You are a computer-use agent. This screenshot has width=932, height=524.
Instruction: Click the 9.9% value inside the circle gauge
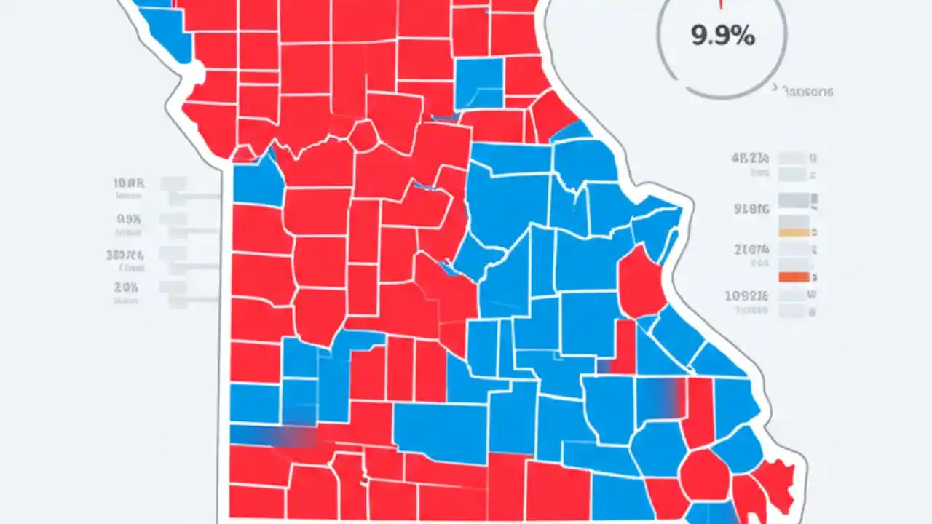coord(722,36)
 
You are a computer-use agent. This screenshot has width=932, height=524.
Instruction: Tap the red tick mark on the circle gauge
coord(721,4)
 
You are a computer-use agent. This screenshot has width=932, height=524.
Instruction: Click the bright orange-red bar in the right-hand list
coord(793,277)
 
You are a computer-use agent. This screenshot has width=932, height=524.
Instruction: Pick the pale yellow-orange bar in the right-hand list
coord(793,232)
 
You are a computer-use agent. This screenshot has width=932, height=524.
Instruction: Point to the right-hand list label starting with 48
coord(749,158)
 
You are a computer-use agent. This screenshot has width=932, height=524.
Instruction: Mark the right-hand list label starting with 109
coord(747,295)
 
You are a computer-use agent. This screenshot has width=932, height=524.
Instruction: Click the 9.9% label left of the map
coord(129,218)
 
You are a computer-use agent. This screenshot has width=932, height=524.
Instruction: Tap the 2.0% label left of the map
coord(127,287)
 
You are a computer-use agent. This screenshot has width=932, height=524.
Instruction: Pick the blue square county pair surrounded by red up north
coord(479,82)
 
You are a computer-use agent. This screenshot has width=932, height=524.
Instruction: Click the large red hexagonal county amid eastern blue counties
coord(640,280)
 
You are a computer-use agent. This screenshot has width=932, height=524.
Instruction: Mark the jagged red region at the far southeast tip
coord(775,484)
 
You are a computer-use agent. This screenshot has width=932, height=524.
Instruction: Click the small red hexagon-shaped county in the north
coord(363,135)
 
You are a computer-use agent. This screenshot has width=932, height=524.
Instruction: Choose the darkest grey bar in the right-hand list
coord(793,200)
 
